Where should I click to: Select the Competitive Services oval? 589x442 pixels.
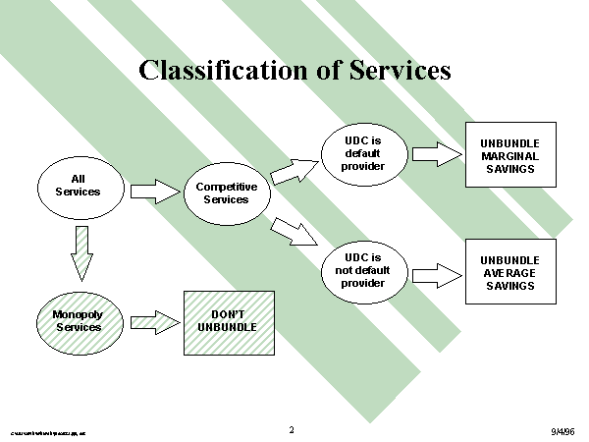coord(226,192)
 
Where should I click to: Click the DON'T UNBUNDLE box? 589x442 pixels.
coord(229,322)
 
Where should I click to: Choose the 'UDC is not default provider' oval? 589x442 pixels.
coord(362,270)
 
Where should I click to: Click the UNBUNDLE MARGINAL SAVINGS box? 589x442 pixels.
coord(509,155)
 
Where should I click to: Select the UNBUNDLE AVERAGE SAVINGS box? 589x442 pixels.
coord(509,272)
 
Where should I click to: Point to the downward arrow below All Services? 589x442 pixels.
coord(81,252)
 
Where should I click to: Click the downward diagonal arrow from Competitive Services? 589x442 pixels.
coord(294,232)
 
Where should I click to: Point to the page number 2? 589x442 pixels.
coord(292,429)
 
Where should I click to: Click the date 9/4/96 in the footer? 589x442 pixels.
coord(563,430)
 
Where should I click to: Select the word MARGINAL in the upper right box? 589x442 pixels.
coord(509,155)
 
